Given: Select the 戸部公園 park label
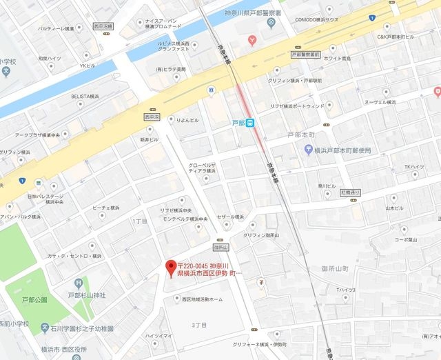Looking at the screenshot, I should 34,300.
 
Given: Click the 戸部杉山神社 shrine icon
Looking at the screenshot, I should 77,283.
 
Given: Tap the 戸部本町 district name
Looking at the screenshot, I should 301,135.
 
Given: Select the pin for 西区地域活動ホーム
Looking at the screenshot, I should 176,299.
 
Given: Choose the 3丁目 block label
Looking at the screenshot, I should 199,324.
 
